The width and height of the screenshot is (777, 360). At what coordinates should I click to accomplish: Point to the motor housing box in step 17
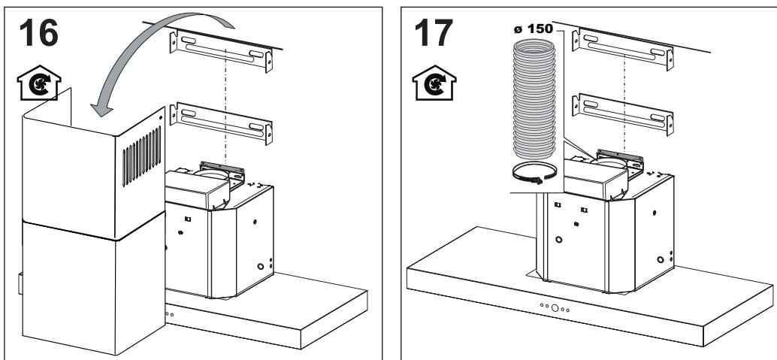point(595,179)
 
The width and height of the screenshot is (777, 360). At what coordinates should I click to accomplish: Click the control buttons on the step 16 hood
point(168,313)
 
